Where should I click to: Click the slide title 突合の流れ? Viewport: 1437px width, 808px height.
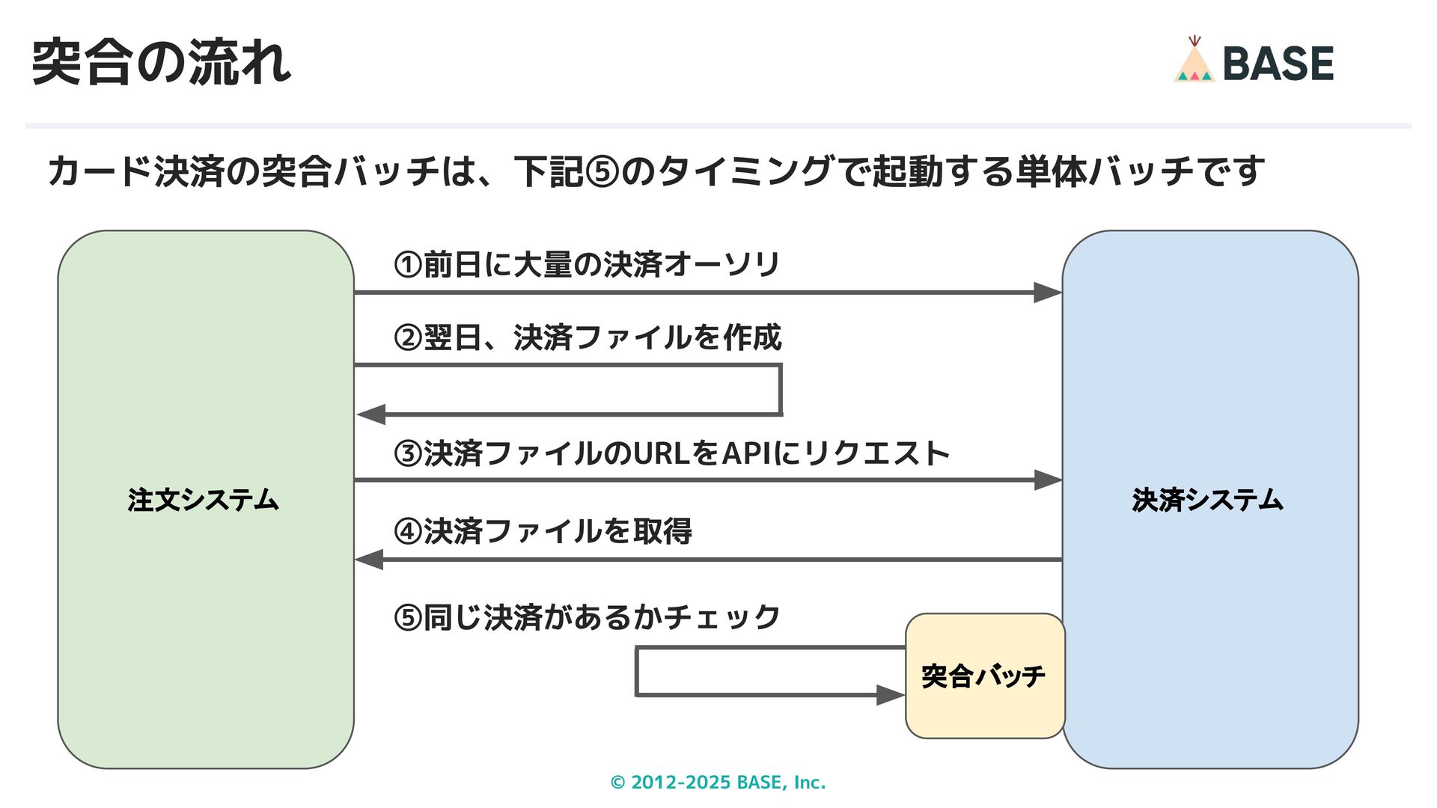tap(161, 62)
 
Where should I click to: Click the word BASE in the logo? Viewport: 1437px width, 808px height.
tap(1278, 64)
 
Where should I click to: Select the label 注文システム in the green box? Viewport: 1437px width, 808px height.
tap(204, 500)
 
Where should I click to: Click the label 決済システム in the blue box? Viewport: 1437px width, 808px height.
tap(1207, 500)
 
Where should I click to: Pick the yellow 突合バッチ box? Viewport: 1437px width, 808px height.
tap(983, 676)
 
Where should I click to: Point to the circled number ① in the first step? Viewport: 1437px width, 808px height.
tap(408, 264)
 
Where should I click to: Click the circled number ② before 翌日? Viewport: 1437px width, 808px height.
tap(408, 338)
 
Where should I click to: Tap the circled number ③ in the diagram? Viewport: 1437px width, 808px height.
tap(408, 454)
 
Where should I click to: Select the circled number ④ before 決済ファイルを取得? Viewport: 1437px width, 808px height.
tap(408, 532)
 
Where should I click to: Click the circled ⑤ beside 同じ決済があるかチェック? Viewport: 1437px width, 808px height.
tap(408, 619)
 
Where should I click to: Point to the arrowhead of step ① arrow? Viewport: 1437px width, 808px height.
tap(1047, 293)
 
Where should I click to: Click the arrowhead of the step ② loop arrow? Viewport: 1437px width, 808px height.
tap(370, 414)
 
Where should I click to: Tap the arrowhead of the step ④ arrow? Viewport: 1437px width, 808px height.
tap(369, 560)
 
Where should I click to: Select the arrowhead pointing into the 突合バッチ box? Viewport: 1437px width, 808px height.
tap(891, 695)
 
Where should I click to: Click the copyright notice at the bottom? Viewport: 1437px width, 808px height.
tap(718, 783)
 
